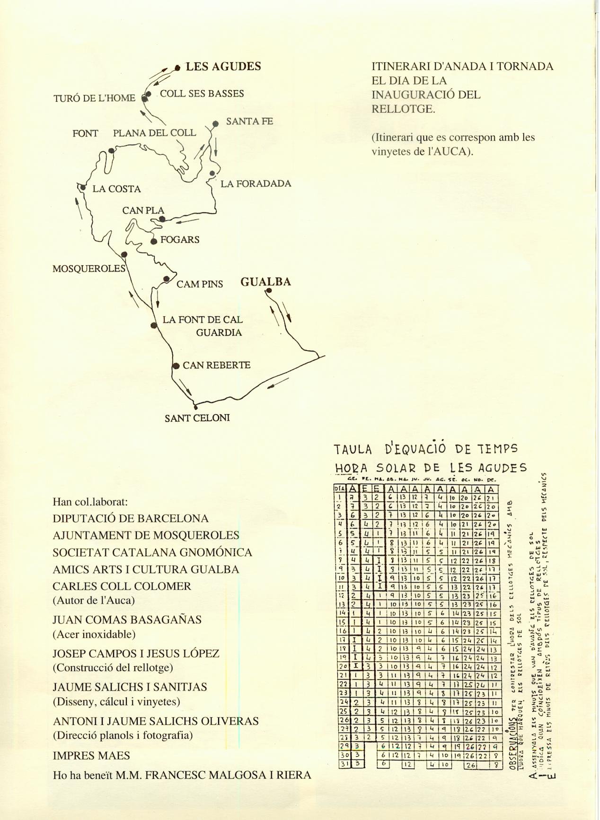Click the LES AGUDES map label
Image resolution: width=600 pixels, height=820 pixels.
coord(223,67)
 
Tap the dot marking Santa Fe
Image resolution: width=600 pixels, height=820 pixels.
coord(215,124)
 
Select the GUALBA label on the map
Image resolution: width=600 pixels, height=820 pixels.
coord(265,282)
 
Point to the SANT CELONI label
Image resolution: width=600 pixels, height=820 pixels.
coord(197,418)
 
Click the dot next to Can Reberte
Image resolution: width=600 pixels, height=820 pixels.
coord(176,366)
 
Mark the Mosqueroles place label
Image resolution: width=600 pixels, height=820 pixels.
coord(88,269)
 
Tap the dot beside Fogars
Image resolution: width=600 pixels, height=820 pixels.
coord(154,242)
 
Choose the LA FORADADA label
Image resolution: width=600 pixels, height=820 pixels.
coord(256,183)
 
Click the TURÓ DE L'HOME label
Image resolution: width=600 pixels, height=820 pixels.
coord(94,98)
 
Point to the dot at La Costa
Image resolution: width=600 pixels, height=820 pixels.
coord(83,188)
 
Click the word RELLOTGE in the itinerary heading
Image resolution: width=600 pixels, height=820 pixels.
coord(403,109)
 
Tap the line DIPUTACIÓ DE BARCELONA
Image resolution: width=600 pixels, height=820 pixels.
coord(131,518)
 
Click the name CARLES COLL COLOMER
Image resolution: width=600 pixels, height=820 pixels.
coord(122,586)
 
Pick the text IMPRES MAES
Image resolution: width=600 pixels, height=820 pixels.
coord(91,756)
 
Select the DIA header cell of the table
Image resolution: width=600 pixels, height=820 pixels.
coord(340,488)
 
